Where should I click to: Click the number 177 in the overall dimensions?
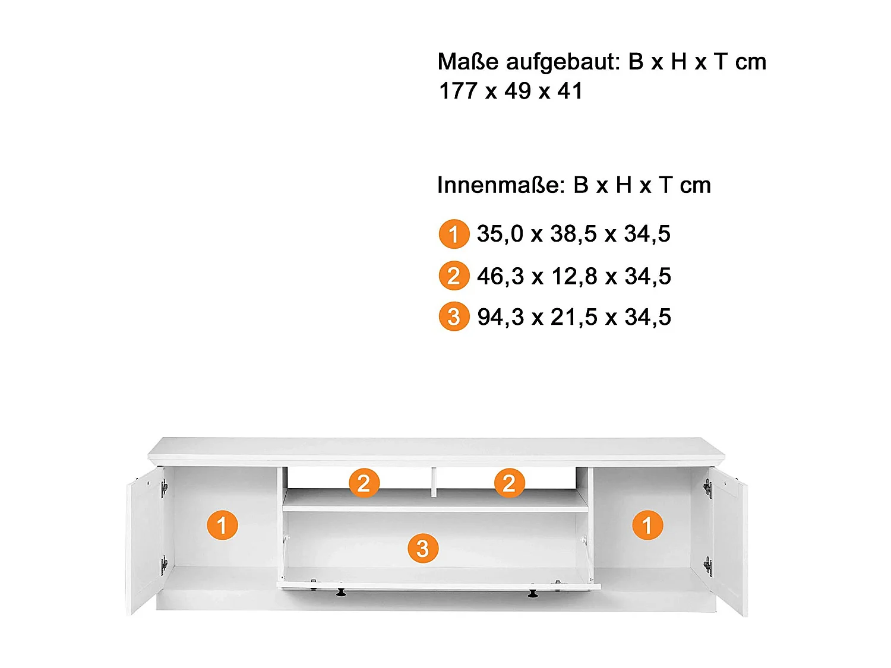pyautogui.click(x=457, y=91)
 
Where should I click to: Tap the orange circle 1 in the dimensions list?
pyautogui.click(x=454, y=234)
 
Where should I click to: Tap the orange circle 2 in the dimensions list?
pyautogui.click(x=454, y=276)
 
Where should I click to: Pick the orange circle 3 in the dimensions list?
pyautogui.click(x=454, y=316)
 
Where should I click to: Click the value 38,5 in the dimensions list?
pyautogui.click(x=573, y=234)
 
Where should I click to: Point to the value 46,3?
pyautogui.click(x=500, y=276)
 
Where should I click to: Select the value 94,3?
pyautogui.click(x=500, y=317)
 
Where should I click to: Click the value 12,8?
pyautogui.click(x=574, y=276)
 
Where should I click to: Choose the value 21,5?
pyautogui.click(x=574, y=317)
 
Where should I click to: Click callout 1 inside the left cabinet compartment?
pyautogui.click(x=222, y=525)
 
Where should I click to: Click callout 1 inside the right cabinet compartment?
pyautogui.click(x=647, y=525)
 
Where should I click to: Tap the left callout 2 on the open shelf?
pyautogui.click(x=364, y=483)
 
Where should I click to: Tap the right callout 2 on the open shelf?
pyautogui.click(x=509, y=483)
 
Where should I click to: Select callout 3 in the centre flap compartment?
pyautogui.click(x=422, y=548)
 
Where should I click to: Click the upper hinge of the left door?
pyautogui.click(x=164, y=488)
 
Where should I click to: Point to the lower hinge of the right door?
pyautogui.click(x=707, y=566)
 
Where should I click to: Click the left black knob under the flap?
pyautogui.click(x=341, y=592)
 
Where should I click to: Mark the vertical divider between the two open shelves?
pyautogui.click(x=434, y=481)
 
